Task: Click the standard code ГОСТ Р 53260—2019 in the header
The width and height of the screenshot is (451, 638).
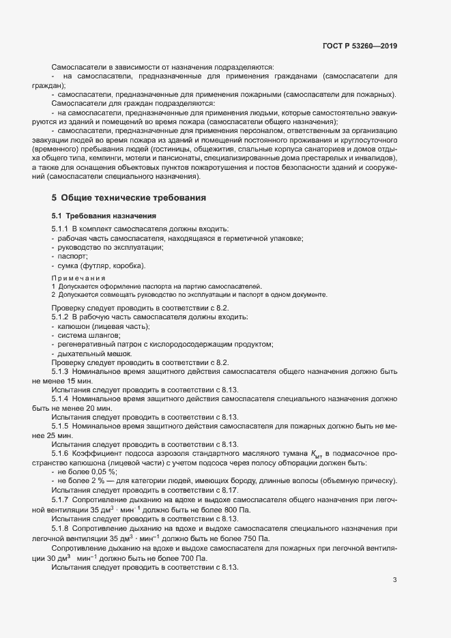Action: tap(360, 46)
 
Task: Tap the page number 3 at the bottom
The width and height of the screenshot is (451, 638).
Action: tap(394, 581)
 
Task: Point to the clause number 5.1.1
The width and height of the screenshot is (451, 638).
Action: tap(61, 229)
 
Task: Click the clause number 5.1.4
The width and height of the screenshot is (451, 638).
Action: tap(61, 398)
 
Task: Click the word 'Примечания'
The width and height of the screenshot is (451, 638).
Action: tap(78, 278)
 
